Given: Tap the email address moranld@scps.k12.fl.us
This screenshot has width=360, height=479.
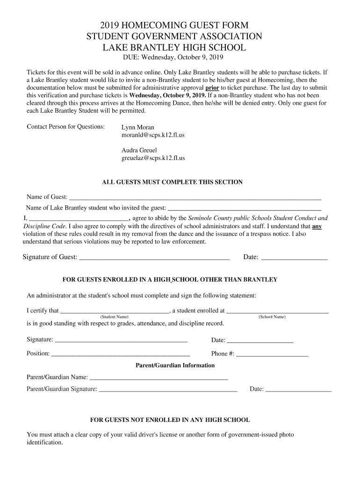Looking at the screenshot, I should coord(153,135).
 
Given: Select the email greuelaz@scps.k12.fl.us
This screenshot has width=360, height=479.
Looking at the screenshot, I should coord(153,158).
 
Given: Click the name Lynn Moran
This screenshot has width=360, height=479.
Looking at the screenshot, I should coord(137,127).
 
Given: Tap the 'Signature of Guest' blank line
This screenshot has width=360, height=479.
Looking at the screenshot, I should coord(155,259).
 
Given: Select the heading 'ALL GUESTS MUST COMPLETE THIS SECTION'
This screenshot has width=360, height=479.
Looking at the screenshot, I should coord(172,182).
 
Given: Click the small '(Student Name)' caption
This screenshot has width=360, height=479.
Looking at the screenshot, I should coord(115,317).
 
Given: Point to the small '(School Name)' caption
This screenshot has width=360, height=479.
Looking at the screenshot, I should coord(272,317).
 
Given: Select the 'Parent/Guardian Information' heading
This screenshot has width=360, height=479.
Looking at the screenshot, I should coord(175,365).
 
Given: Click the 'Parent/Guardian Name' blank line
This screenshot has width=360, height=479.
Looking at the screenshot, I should coord(158,378).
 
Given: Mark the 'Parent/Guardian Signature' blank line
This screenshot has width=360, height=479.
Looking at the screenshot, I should coord(168,391).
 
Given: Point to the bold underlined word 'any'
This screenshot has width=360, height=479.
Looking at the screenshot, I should coord(317,226).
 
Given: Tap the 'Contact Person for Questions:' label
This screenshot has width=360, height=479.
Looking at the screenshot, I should coord(65,127).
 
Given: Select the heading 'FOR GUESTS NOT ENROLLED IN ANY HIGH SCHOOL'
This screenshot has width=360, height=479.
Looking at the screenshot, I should coord(170,420).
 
